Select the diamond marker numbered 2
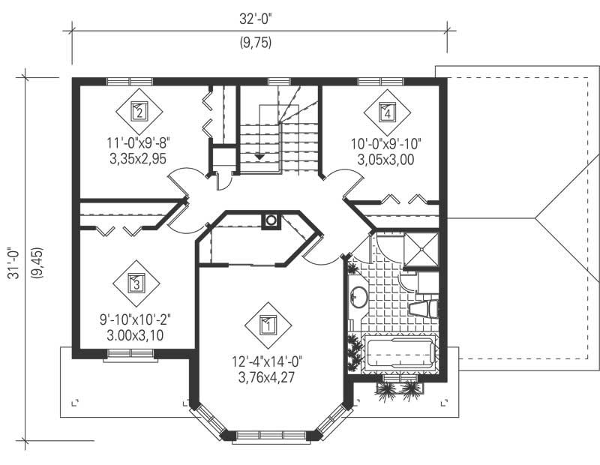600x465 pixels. point(139,112)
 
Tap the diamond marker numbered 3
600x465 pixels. point(136,283)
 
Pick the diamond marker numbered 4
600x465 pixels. point(387,112)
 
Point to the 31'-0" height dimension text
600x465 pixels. point(13,265)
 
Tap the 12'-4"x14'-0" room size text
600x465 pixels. point(267,361)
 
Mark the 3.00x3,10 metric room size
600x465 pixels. point(136,334)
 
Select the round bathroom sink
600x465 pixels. point(358,298)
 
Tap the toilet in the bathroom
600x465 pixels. point(424,309)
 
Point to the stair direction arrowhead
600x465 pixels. point(259,156)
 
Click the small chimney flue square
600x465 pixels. point(271,220)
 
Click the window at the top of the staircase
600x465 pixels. point(279,81)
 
